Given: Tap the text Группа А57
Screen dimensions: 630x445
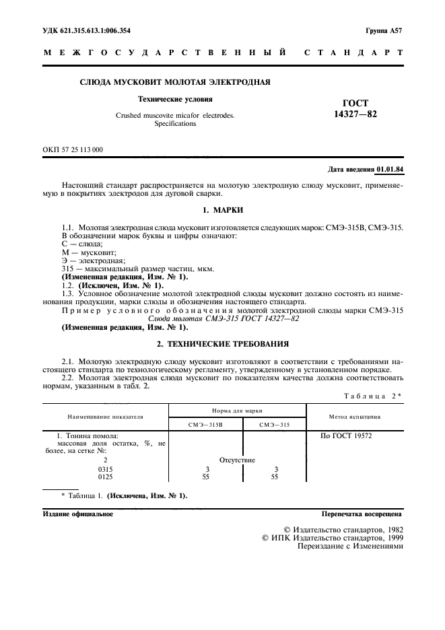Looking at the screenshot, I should [384, 32].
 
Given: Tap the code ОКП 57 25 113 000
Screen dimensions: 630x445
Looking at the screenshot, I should [73, 149].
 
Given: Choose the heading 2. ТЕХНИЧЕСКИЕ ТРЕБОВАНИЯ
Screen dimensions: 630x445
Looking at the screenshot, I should [222, 343].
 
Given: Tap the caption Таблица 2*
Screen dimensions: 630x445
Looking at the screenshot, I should [372, 396].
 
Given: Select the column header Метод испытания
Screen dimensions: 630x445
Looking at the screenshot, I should [353, 417].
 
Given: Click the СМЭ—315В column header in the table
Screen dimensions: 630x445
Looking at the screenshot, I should [205, 425].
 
